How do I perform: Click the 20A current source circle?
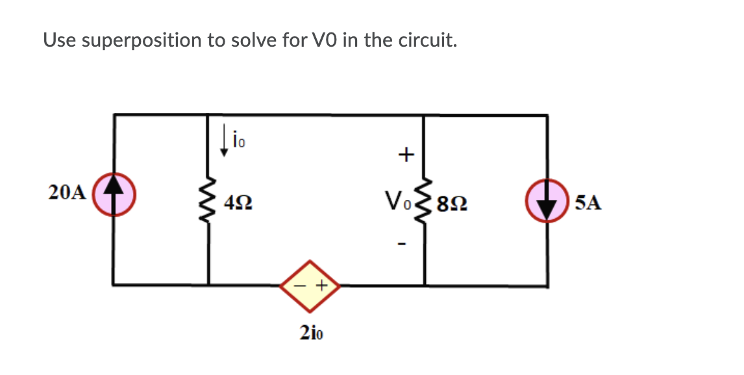pos(114,192)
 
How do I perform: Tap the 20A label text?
pos(67,193)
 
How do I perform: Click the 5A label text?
pos(588,203)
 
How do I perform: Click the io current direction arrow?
pos(224,141)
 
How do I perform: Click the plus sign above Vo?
pos(405,154)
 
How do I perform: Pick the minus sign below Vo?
pos(404,245)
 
